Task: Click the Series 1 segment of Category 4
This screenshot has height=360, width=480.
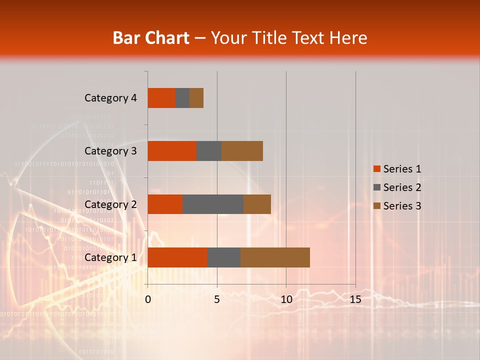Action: pos(161,98)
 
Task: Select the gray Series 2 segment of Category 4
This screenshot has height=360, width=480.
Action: pos(182,98)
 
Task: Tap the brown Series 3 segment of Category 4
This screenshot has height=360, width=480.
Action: pos(196,98)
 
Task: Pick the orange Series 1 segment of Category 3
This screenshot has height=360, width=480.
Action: pos(172,151)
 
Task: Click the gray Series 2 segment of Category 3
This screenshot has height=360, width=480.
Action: pos(209,151)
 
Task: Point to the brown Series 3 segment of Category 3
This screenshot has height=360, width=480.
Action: pos(242,151)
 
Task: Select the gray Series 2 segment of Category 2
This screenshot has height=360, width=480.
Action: pos(213,204)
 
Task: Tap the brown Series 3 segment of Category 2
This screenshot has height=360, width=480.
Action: pos(257,204)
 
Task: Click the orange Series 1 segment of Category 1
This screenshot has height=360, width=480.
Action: pos(177,257)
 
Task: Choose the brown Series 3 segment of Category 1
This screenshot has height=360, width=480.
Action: pos(275,257)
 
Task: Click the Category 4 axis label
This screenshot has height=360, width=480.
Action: pos(110,98)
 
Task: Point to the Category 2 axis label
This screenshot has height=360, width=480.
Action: pos(110,204)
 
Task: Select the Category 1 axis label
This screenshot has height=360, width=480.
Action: pos(110,257)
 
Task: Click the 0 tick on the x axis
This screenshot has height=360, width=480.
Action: pos(148,299)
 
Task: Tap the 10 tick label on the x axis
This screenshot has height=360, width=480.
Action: pos(286,299)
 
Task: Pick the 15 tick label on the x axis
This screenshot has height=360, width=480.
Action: pos(355,299)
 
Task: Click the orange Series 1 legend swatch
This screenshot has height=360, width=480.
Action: pos(376,169)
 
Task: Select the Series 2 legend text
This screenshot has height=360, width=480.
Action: pos(402,187)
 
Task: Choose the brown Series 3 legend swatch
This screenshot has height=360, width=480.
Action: pos(376,206)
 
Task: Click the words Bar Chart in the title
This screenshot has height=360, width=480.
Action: pos(150,38)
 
